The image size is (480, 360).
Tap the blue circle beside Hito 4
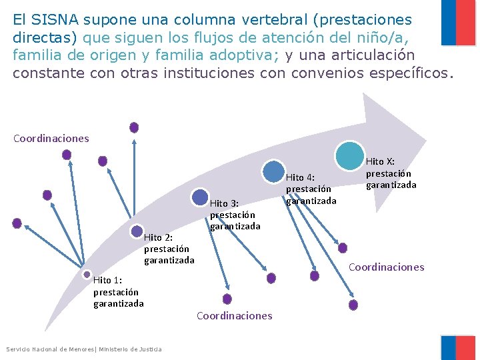coord(273,172)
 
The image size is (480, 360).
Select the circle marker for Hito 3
coord(199,197)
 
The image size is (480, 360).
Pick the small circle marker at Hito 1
coord(87,274)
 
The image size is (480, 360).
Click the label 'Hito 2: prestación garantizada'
coord(169,249)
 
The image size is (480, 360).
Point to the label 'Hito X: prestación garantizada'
coord(391,173)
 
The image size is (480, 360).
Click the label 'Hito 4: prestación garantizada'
coord(311,189)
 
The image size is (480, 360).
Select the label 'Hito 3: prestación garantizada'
coord(235,215)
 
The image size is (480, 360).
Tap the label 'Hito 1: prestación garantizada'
coord(118,292)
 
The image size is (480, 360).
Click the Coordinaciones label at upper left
coord(51,139)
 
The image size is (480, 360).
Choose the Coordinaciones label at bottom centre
coord(234,316)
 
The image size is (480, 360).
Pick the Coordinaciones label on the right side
coord(386,267)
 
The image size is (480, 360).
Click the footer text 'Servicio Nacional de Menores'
coord(50,349)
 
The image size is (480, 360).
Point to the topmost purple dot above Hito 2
coord(134,127)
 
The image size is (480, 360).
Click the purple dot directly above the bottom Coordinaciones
coord(227,299)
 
